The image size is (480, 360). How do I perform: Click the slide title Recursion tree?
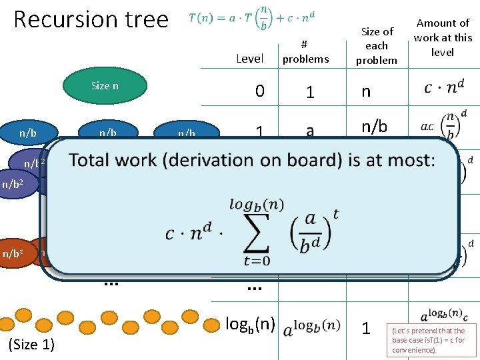point(91,19)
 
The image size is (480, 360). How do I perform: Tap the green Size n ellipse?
point(105,86)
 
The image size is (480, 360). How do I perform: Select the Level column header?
point(249,59)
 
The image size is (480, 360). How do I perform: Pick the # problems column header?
point(305,52)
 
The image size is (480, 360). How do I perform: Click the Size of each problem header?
point(377,45)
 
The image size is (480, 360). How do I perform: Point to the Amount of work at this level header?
point(443,37)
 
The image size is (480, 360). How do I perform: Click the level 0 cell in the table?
point(259,91)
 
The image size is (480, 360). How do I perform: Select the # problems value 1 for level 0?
point(310,92)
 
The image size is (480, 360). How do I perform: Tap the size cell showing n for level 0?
point(365,91)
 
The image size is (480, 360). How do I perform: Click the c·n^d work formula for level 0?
point(443,87)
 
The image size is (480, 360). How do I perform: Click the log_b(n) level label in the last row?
point(250,324)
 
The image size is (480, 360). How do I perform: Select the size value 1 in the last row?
point(365,328)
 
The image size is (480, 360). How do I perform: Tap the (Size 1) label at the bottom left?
point(31,344)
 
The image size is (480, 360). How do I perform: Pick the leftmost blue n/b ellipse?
point(28,133)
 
